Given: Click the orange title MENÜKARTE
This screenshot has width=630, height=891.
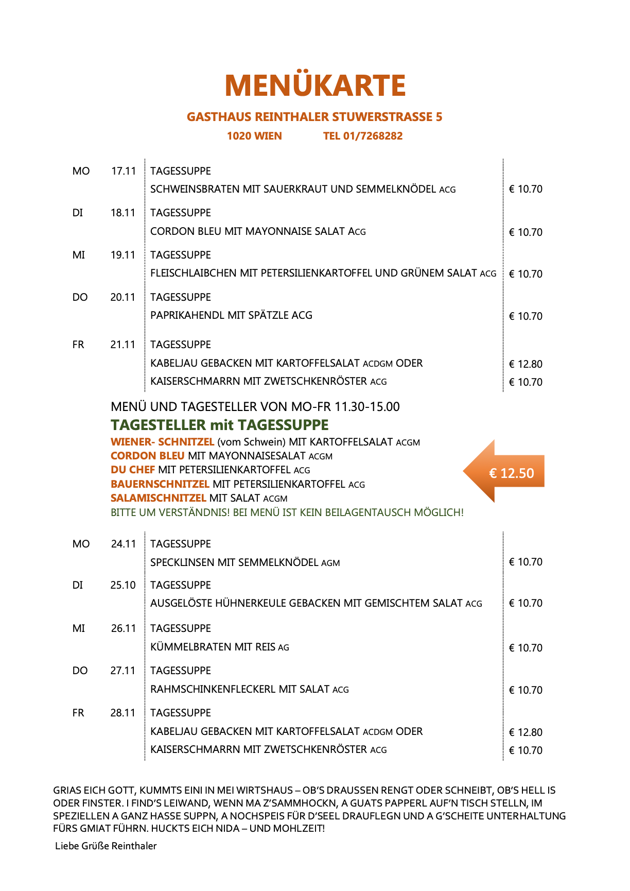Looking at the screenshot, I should click(315, 85).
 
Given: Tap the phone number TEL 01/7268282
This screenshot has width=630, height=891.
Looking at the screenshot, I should click(363, 136).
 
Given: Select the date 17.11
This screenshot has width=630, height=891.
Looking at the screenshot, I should click(124, 171).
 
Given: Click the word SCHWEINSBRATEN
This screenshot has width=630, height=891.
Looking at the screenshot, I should click(195, 189).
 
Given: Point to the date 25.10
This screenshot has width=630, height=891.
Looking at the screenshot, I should click(123, 585).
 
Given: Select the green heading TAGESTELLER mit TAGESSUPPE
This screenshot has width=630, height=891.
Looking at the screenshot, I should click(220, 425).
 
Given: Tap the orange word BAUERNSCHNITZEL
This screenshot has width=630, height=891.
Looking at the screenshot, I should click(160, 484).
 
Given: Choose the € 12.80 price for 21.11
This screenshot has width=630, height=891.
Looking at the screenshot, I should click(526, 364).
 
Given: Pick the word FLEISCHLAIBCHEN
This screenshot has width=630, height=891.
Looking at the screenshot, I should click(194, 273).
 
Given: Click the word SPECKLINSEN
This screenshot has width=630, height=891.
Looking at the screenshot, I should click(182, 562).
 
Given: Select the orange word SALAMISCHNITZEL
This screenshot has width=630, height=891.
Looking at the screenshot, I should click(159, 498).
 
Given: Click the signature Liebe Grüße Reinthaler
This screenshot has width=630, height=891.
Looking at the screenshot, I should click(106, 846).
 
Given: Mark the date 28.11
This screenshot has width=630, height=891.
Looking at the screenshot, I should click(123, 713).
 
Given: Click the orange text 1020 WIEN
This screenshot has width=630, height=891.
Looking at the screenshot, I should click(254, 136).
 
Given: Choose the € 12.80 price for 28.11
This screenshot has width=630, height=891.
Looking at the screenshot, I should click(526, 732).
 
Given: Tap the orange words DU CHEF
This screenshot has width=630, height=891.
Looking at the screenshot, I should click(133, 470).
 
